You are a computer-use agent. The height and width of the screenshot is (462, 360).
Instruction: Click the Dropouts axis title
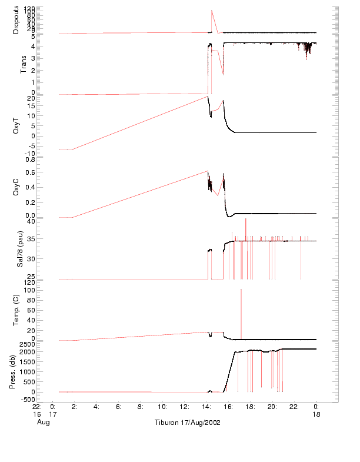point(16,19)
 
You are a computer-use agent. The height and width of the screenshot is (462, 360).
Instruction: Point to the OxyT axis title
point(16,125)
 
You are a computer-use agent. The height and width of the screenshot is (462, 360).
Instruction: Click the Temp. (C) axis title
point(16,311)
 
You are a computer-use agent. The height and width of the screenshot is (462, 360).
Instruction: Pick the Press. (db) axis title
point(13,373)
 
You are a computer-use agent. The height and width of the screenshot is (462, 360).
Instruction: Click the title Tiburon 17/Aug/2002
point(187,423)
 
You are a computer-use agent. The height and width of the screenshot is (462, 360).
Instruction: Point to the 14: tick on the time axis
point(206,406)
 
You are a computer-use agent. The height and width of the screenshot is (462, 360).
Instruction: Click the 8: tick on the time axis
point(141,406)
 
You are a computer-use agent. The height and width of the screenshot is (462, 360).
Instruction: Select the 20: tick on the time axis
point(272,406)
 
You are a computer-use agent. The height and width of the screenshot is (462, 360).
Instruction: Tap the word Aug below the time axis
point(43,423)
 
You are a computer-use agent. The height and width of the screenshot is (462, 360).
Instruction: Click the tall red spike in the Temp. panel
point(241,291)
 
